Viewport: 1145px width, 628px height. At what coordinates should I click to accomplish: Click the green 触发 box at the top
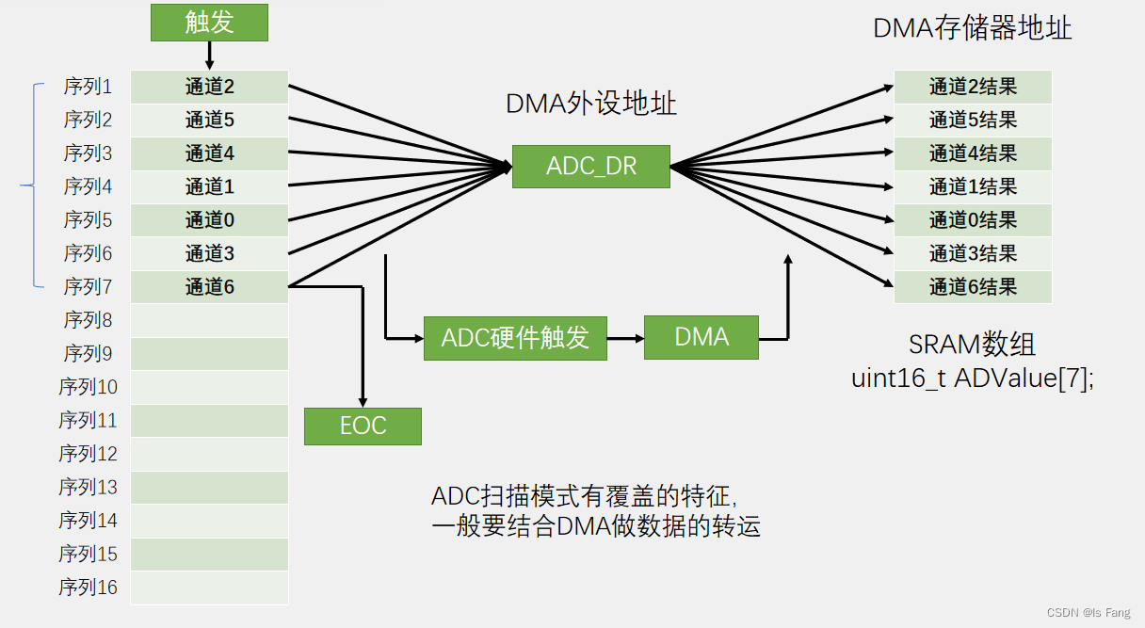point(209,23)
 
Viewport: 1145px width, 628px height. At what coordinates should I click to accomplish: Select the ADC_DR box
point(590,167)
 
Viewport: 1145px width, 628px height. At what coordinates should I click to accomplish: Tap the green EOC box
point(363,426)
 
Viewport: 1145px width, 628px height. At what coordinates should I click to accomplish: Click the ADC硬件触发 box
point(515,337)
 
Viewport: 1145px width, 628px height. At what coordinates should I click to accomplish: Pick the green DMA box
point(702,337)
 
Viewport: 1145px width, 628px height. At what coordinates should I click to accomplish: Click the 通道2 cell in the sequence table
point(209,88)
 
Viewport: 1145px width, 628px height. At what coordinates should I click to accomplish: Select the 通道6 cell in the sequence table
point(209,287)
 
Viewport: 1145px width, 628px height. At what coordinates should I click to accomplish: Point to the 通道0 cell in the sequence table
point(209,220)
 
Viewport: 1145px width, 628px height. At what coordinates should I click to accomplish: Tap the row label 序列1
point(88,88)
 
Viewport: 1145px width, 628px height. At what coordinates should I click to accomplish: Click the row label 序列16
point(88,588)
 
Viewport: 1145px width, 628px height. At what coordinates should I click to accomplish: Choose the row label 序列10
point(88,387)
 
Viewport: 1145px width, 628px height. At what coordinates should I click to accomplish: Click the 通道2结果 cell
point(973,88)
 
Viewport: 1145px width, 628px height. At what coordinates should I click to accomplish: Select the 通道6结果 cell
point(973,287)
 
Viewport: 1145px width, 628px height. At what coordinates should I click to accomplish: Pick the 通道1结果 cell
point(973,186)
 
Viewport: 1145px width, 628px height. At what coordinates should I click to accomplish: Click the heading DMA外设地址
point(590,104)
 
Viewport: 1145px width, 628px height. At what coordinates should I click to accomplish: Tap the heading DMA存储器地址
point(972,27)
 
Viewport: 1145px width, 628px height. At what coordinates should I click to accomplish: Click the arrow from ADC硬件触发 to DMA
point(625,337)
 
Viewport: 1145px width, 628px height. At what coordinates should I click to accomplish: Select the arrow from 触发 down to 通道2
point(209,56)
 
